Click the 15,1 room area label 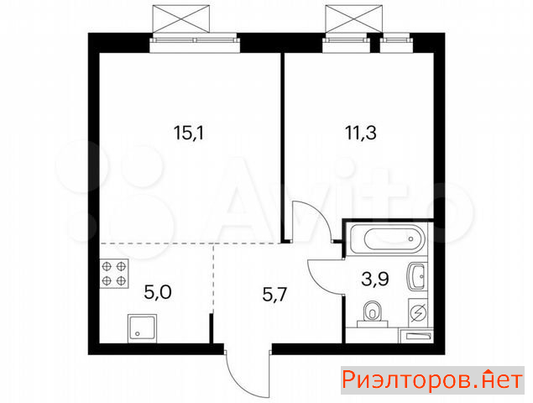188,133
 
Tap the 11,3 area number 361,133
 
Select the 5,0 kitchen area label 158,292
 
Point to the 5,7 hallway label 275,294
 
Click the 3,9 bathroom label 375,280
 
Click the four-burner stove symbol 114,274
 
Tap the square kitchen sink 143,328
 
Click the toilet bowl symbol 373,313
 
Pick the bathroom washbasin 416,276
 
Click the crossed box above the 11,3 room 354,18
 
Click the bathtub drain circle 411,238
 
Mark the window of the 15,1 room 195,43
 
